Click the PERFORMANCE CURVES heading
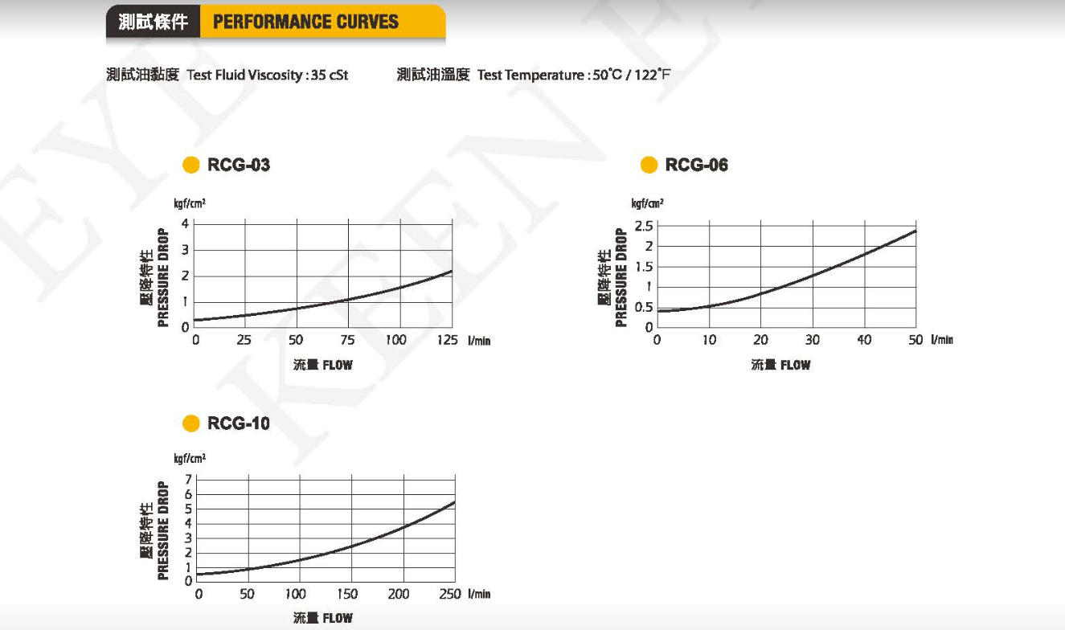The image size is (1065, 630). click(305, 22)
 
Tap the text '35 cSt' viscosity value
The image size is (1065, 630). click(329, 76)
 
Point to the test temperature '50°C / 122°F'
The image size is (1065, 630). click(632, 76)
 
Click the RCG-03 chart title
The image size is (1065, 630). click(239, 166)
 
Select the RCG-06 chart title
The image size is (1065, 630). click(696, 166)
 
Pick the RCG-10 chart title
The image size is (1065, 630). click(239, 423)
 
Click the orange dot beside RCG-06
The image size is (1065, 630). click(649, 166)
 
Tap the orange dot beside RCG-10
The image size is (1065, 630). click(190, 423)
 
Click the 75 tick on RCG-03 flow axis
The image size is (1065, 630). click(347, 340)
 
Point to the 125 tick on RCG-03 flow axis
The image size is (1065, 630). click(447, 340)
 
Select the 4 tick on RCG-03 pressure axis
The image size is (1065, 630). click(185, 223)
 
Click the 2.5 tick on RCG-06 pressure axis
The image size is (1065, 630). click(644, 226)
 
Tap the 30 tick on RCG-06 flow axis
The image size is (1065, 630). click(813, 340)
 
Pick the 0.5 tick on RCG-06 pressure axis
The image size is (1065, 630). click(644, 308)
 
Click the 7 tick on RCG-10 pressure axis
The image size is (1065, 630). click(188, 480)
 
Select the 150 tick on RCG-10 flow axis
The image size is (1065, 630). click(347, 594)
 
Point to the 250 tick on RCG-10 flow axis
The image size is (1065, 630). click(450, 594)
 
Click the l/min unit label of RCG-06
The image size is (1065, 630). click(942, 340)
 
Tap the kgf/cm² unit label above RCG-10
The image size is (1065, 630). click(190, 459)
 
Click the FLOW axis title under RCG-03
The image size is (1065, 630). click(322, 365)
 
